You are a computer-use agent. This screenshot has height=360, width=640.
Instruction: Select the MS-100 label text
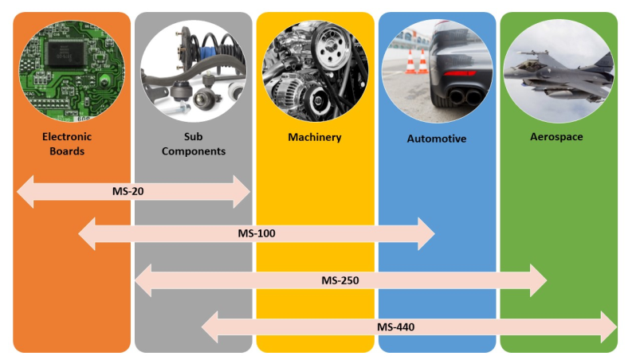tap(257, 233)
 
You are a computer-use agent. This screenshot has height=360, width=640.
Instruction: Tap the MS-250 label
tap(341, 280)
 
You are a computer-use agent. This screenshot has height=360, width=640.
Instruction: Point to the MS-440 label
tap(395, 327)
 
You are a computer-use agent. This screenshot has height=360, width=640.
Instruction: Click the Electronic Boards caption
tap(67, 143)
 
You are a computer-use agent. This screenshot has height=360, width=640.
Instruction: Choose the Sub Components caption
tap(194, 143)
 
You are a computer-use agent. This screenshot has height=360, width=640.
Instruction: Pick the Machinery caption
tap(315, 137)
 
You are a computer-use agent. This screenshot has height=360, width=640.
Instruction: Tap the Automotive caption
tap(437, 139)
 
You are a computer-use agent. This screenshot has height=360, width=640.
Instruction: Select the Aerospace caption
tap(557, 137)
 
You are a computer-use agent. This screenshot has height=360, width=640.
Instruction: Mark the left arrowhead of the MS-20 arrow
tap(26, 192)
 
